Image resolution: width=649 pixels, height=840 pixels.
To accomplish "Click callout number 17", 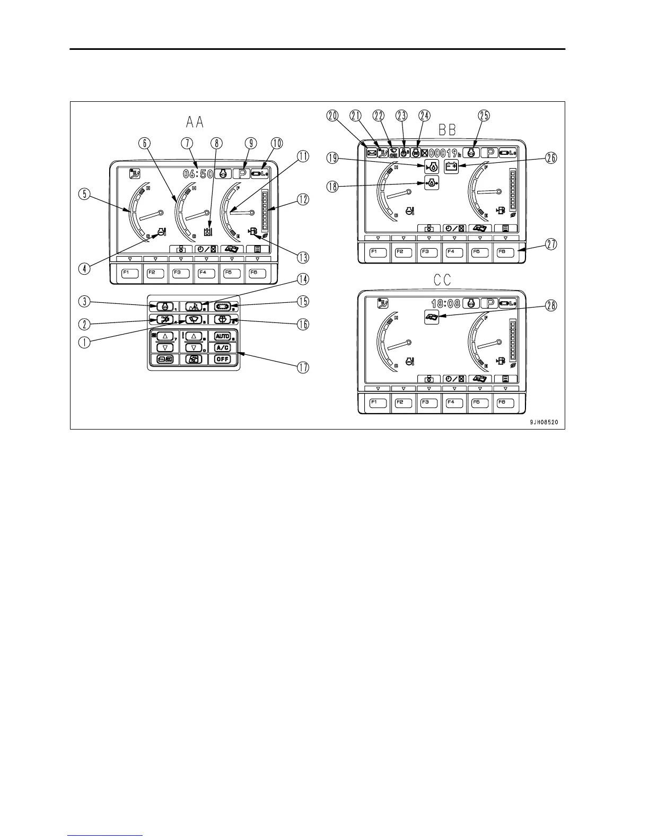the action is click(x=303, y=367).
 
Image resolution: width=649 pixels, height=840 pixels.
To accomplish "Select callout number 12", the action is click(x=303, y=200).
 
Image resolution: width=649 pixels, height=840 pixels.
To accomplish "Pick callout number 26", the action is click(x=551, y=159).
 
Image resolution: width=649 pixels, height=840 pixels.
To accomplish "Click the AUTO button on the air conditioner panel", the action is click(x=223, y=336).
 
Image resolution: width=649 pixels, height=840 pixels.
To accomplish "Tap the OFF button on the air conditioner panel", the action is click(x=223, y=359).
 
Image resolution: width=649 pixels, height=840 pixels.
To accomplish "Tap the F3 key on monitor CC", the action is click(x=426, y=402).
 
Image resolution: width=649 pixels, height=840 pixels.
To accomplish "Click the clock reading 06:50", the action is click(x=198, y=173).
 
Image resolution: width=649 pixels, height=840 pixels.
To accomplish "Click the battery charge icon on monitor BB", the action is click(x=451, y=167).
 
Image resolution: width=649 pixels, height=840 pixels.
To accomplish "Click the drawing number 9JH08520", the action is click(x=542, y=423).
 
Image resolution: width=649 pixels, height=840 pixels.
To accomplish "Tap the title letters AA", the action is click(x=195, y=123).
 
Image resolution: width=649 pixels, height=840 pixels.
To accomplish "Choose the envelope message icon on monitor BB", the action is click(x=372, y=153).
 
